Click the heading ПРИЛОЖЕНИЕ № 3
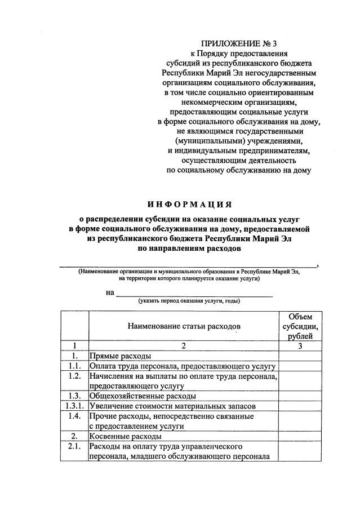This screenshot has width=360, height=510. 239,43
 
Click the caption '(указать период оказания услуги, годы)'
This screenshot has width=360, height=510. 189,301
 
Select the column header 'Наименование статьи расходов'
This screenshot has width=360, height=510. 184,326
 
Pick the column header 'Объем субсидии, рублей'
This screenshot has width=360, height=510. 300,326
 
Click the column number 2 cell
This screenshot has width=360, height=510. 184,346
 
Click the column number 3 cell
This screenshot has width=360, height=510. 300,346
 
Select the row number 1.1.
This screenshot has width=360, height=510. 74,366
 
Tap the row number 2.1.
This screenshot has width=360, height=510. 74,447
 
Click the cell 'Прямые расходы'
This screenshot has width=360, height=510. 121,356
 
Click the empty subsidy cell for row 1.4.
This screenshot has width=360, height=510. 300,422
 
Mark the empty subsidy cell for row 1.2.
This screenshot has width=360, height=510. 300,381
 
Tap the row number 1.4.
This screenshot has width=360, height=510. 74,416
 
